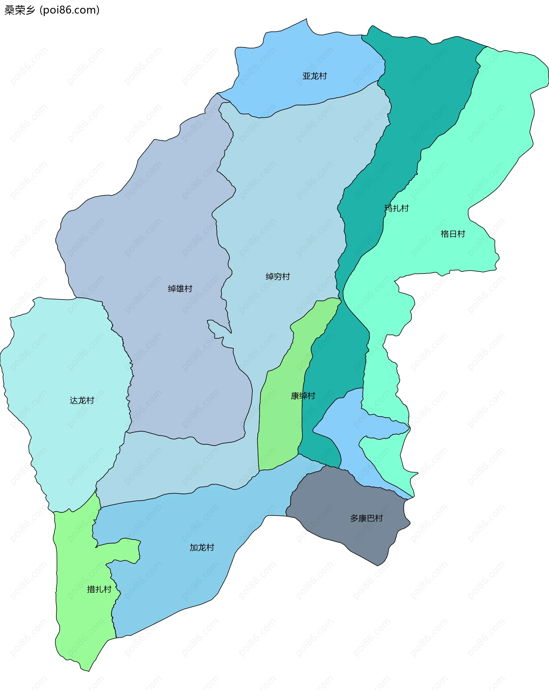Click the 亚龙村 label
tap(315, 76)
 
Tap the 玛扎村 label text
tap(397, 208)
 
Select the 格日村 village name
tap(453, 234)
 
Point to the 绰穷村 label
tap(278, 276)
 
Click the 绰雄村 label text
tap(180, 289)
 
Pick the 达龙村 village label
tap(82, 400)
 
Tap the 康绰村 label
tap(303, 396)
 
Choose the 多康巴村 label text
tap(366, 518)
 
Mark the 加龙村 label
tap(202, 548)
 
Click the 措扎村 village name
tap(99, 589)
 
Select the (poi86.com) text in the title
tap(69, 10)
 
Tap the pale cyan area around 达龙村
tap(64, 352)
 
